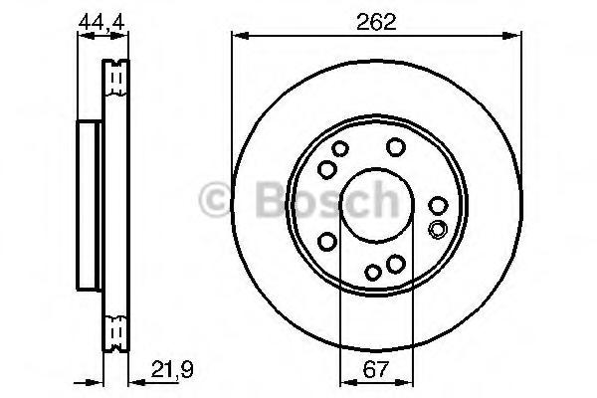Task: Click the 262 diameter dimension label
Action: click(x=376, y=22)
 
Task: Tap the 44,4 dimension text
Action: click(x=101, y=22)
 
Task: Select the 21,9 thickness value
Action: click(x=172, y=369)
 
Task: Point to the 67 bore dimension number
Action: click(x=375, y=369)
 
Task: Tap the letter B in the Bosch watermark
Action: click(x=272, y=199)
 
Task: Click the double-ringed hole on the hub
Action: click(x=438, y=229)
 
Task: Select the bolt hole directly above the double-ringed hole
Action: click(x=438, y=206)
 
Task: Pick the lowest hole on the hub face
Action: click(x=373, y=272)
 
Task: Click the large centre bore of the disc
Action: click(x=376, y=205)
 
